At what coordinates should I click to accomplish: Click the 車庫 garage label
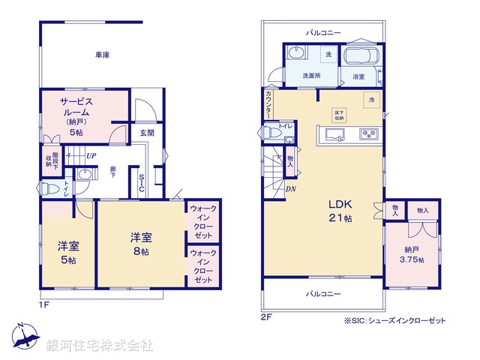103,55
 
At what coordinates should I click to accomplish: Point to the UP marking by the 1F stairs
90,156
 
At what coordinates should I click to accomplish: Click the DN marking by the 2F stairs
290,188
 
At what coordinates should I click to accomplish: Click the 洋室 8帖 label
141,244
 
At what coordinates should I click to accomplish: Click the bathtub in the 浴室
361,57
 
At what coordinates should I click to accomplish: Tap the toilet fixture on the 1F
47,187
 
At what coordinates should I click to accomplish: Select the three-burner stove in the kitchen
369,135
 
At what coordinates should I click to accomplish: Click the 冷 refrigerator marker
370,99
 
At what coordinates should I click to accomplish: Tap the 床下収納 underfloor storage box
340,114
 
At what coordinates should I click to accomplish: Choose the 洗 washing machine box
328,55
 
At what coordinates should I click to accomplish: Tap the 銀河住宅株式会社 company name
99,346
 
